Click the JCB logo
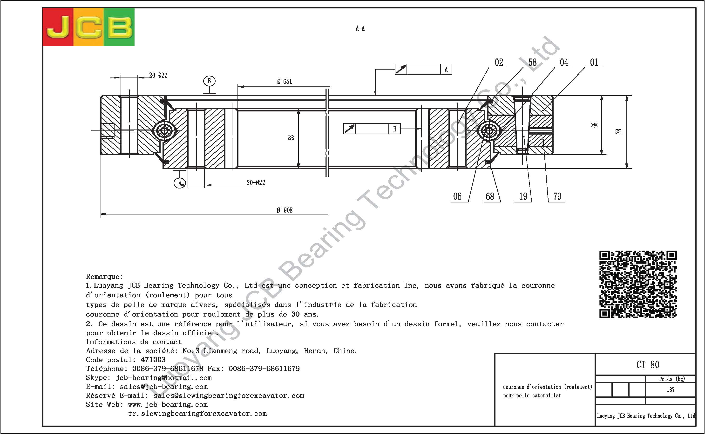pos(88,27)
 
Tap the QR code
pos(638,284)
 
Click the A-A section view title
pos(360,28)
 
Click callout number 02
pos(499,62)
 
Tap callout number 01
pos(594,62)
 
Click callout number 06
pos(457,197)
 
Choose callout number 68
pos(490,197)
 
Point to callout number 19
pos(523,197)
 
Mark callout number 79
pos(557,197)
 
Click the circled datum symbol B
pos(209,81)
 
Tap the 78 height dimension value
pos(618,131)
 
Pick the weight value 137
pos(671,389)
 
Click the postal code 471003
pos(153,360)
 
